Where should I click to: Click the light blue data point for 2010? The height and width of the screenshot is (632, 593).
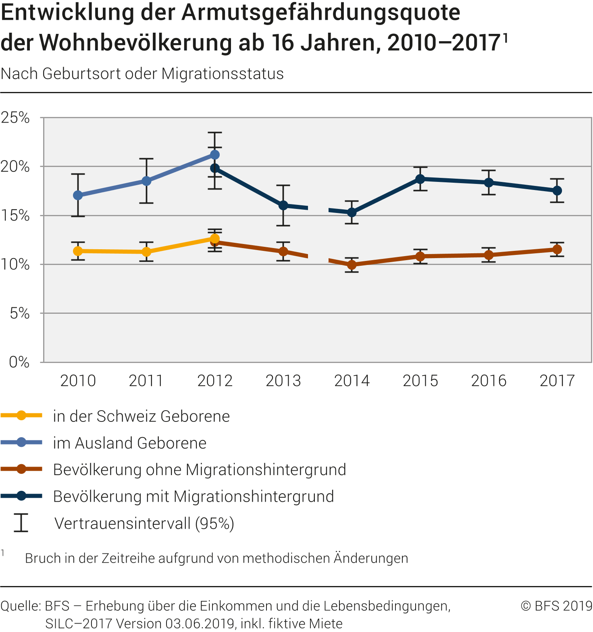pyautogui.click(x=78, y=195)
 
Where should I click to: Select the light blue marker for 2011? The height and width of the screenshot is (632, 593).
pyautogui.click(x=146, y=181)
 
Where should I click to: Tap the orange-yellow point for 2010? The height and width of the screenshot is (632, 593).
pyautogui.click(x=78, y=251)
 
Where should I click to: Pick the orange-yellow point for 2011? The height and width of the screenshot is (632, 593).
pyautogui.click(x=146, y=252)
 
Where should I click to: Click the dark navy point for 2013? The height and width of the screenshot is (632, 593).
pyautogui.click(x=283, y=205)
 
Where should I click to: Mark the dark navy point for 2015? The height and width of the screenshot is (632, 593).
pyautogui.click(x=420, y=179)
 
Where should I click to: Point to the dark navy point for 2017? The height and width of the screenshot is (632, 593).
pyautogui.click(x=557, y=190)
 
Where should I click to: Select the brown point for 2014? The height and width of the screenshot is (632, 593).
pyautogui.click(x=352, y=265)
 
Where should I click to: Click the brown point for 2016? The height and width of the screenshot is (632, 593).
pyautogui.click(x=489, y=255)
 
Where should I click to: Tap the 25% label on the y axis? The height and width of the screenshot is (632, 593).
pyautogui.click(x=15, y=118)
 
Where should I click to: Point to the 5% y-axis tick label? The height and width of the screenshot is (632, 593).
pyautogui.click(x=19, y=313)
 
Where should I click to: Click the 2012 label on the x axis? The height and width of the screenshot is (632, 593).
pyautogui.click(x=215, y=381)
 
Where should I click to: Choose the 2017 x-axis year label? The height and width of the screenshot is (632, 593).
pyautogui.click(x=557, y=381)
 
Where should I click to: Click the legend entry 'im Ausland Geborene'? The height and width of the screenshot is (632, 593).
pyautogui.click(x=129, y=443)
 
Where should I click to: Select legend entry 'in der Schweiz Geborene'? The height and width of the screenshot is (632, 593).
pyautogui.click(x=141, y=416)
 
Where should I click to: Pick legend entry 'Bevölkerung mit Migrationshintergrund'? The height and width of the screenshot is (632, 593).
pyautogui.click(x=194, y=496)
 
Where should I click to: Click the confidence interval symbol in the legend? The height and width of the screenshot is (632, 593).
pyautogui.click(x=21, y=523)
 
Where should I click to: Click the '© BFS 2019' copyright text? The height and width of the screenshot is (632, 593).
pyautogui.click(x=556, y=606)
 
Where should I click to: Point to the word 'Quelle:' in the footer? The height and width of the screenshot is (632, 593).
pyautogui.click(x=21, y=606)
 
